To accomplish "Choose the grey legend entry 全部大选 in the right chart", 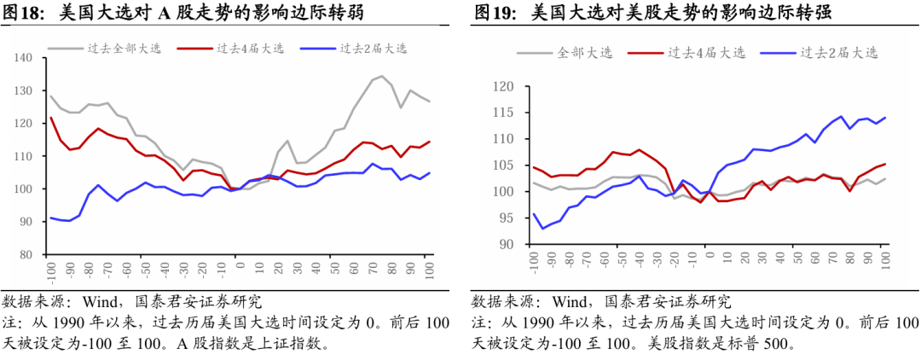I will pos(585,53).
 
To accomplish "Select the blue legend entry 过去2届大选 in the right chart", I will pos(839,53).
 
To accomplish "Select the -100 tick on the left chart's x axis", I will pos(51,272).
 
